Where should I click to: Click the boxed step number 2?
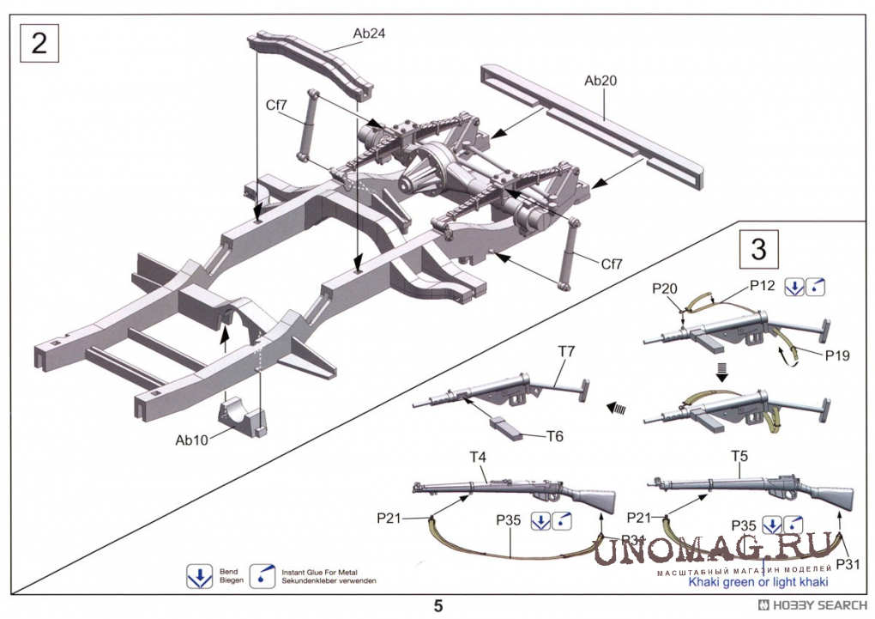pos(39,42)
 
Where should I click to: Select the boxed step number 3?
pos(758,249)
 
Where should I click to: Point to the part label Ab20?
pos(601,81)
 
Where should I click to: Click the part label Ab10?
pos(192,440)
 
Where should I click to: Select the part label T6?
pos(554,436)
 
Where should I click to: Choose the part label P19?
pos(837,355)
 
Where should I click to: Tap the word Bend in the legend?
pos(228,571)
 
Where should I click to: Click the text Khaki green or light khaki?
pos(758,582)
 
